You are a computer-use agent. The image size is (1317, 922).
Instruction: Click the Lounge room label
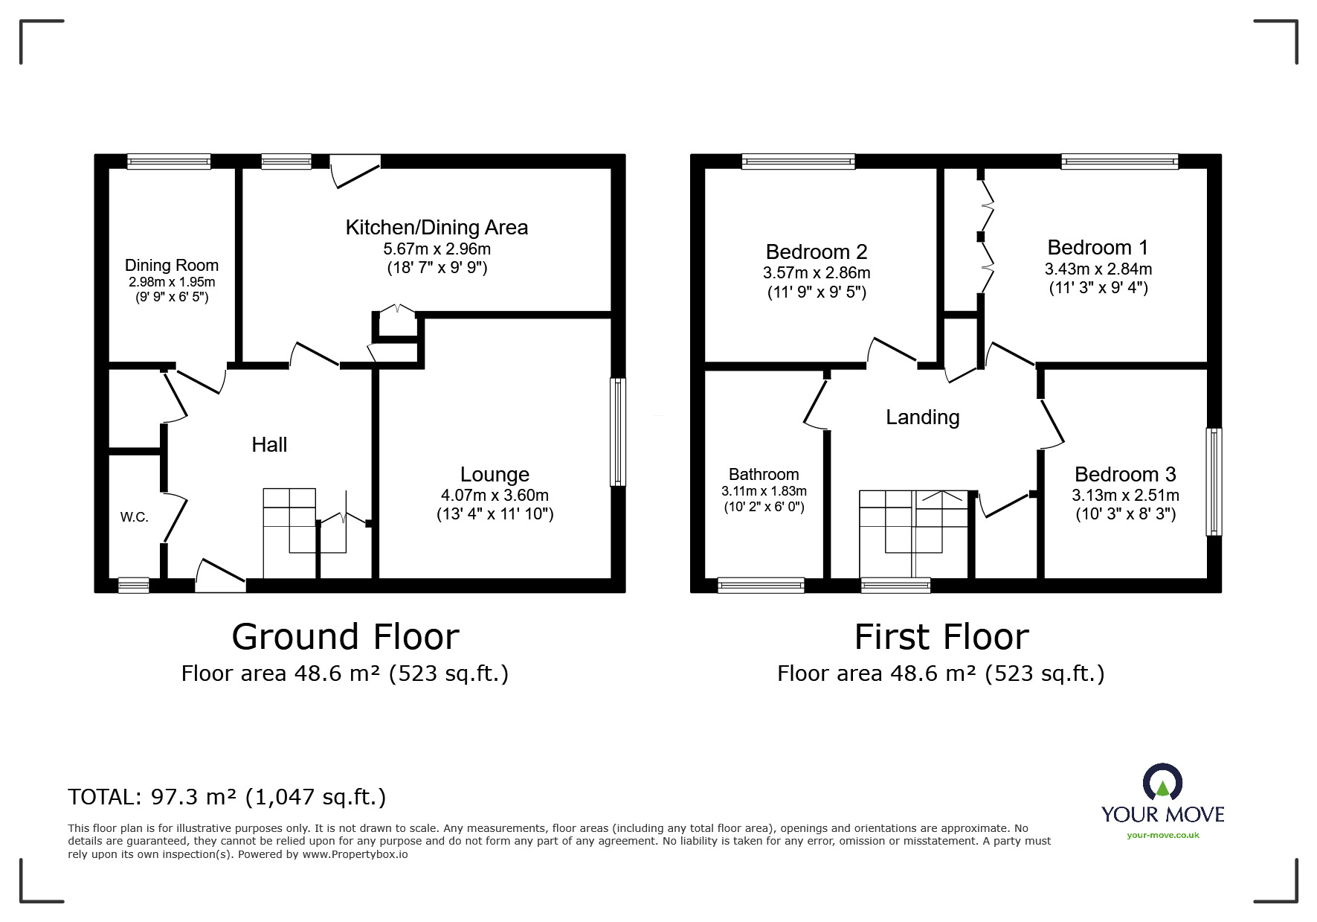coord(495,475)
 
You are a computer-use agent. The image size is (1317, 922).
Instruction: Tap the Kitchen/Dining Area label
coord(437,228)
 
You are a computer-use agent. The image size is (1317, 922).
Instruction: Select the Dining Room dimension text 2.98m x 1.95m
coord(171,282)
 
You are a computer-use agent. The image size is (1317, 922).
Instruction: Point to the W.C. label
coord(135,517)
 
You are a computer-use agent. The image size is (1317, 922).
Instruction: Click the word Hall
coord(269,445)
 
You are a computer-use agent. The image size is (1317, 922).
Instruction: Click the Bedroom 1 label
coord(1098,247)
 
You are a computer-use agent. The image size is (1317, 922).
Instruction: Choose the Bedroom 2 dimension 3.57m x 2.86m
coord(817,273)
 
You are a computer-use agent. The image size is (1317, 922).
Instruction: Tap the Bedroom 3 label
coord(1125,474)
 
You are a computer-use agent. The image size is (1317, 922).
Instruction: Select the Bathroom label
coord(764,475)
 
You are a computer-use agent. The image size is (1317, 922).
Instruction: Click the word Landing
coord(922,417)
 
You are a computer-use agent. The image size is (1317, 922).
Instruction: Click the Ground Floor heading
coord(345,637)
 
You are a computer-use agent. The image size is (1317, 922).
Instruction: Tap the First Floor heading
coord(941,637)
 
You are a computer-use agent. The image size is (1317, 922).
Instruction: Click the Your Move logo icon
coord(1162,784)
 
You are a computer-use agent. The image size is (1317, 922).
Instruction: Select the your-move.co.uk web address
coord(1162,835)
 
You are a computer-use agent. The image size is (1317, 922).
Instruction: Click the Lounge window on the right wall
coord(617,432)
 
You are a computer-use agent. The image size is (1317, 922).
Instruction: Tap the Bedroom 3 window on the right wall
coord(1213,481)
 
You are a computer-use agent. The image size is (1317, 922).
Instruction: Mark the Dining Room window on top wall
coord(169,161)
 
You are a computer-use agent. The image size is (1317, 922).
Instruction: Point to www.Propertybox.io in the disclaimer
coord(355,854)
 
